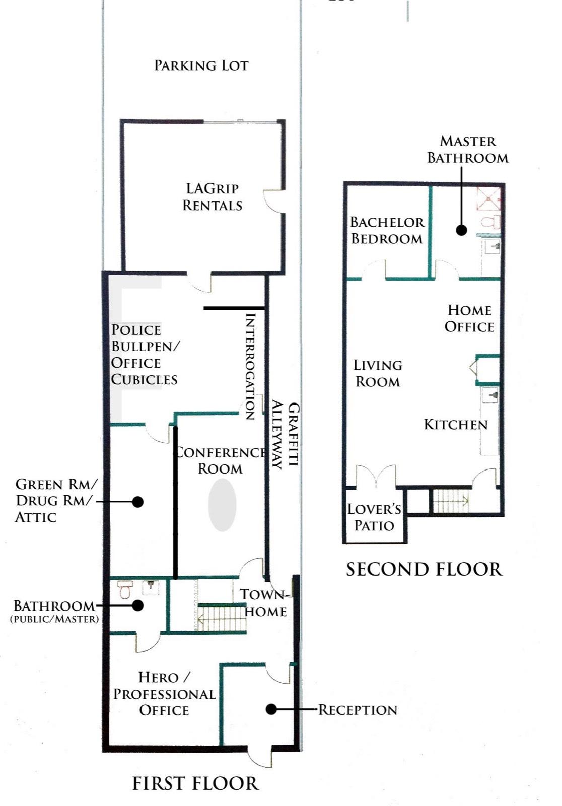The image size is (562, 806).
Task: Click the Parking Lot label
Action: pyautogui.click(x=201, y=65)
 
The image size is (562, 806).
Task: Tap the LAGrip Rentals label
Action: pyautogui.click(x=213, y=197)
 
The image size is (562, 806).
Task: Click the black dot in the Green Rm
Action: pyautogui.click(x=137, y=502)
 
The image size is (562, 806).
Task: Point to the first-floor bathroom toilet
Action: pyautogui.click(x=124, y=590)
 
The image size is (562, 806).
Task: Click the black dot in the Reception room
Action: pyautogui.click(x=271, y=709)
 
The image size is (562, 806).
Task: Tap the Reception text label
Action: pyautogui.click(x=358, y=710)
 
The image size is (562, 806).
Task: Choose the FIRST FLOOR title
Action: pyautogui.click(x=195, y=783)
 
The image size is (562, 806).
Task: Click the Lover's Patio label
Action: pyautogui.click(x=374, y=517)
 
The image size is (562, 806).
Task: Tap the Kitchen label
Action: pyautogui.click(x=456, y=425)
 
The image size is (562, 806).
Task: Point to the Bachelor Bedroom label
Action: pyautogui.click(x=387, y=230)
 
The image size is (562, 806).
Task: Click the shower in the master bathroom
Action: pyautogui.click(x=489, y=198)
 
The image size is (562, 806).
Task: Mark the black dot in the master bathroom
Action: pyautogui.click(x=462, y=230)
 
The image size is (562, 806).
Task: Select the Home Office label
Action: pyautogui.click(x=469, y=318)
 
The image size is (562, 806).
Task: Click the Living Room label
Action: pyautogui.click(x=378, y=373)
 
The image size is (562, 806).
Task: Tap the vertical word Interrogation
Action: pyautogui.click(x=250, y=366)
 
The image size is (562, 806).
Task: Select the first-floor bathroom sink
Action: pyautogui.click(x=151, y=588)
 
